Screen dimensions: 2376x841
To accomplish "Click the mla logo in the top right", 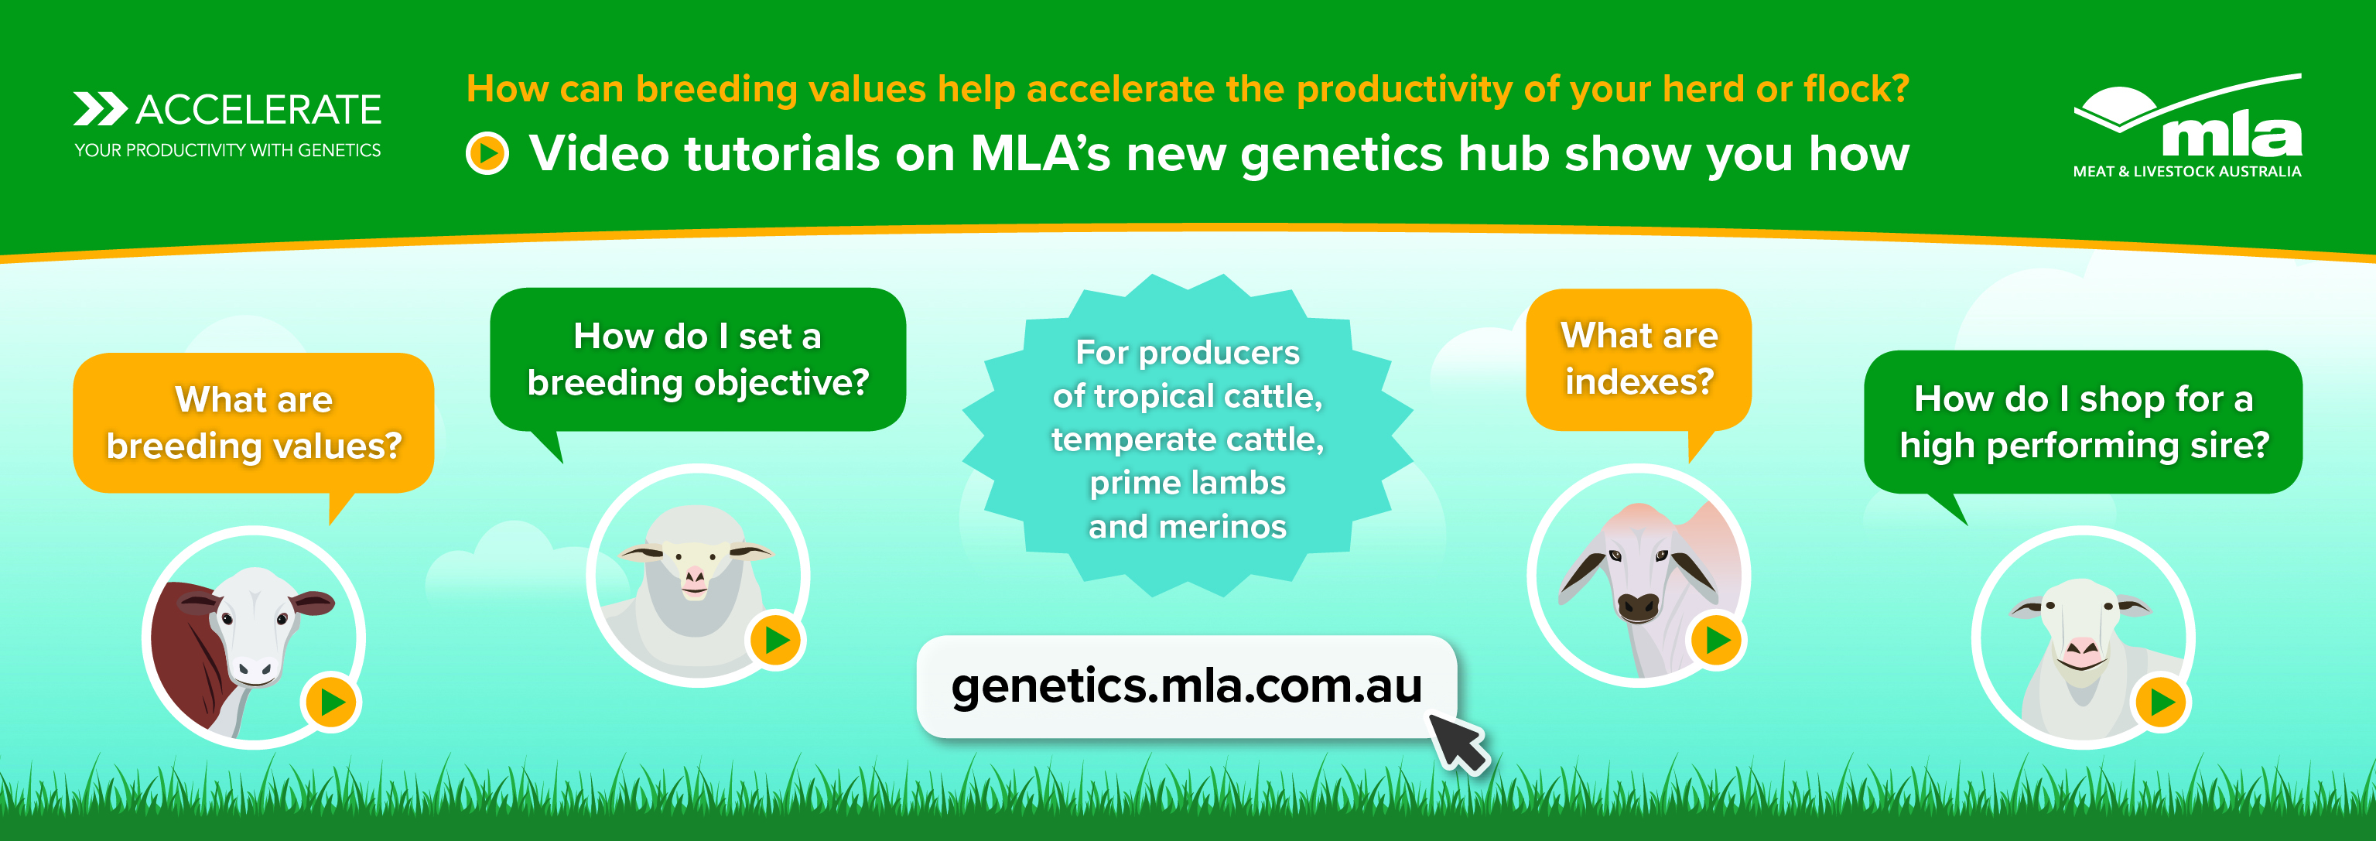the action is coord(2187,125).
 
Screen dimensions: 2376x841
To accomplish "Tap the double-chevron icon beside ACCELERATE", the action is coord(101,109).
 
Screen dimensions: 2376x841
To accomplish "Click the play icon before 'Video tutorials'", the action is coord(487,153).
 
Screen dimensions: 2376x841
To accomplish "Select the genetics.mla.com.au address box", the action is coord(1186,686).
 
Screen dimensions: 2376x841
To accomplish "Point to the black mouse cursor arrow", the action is coord(1458,744).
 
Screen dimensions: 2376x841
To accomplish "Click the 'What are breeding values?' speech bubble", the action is coord(254,423).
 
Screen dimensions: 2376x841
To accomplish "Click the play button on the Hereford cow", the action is coord(332,703).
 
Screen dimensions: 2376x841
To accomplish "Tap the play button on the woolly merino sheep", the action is coord(777,640).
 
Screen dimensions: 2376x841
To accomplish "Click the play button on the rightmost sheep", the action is coord(2161,703).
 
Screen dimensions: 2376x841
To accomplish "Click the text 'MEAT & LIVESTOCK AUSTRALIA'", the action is coord(2187,172).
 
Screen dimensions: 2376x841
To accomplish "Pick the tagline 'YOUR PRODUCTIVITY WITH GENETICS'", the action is coord(227,150).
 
